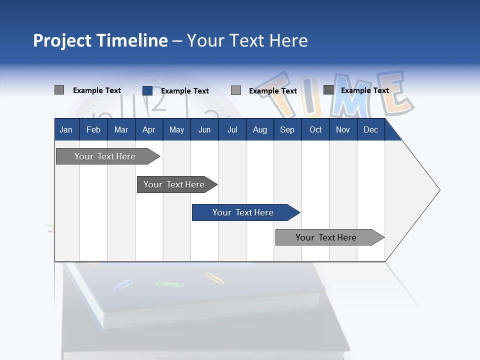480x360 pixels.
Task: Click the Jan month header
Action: click(66, 129)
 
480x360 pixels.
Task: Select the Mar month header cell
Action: click(121, 129)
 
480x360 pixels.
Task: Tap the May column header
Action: click(176, 129)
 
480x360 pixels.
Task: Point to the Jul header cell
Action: click(232, 129)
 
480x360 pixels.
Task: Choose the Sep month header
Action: click(287, 129)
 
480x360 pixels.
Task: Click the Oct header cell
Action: click(315, 129)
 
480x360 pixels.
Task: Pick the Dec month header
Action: click(370, 129)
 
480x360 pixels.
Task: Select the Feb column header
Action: click(93, 129)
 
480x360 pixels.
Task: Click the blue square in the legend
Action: click(147, 90)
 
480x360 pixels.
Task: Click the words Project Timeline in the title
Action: click(100, 40)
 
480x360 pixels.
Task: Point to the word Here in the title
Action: click(288, 40)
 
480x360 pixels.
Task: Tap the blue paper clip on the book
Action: click(122, 285)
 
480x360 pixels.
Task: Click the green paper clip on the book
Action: click(169, 284)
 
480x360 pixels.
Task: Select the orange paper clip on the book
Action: click(214, 278)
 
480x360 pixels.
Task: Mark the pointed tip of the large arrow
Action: click(439, 190)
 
